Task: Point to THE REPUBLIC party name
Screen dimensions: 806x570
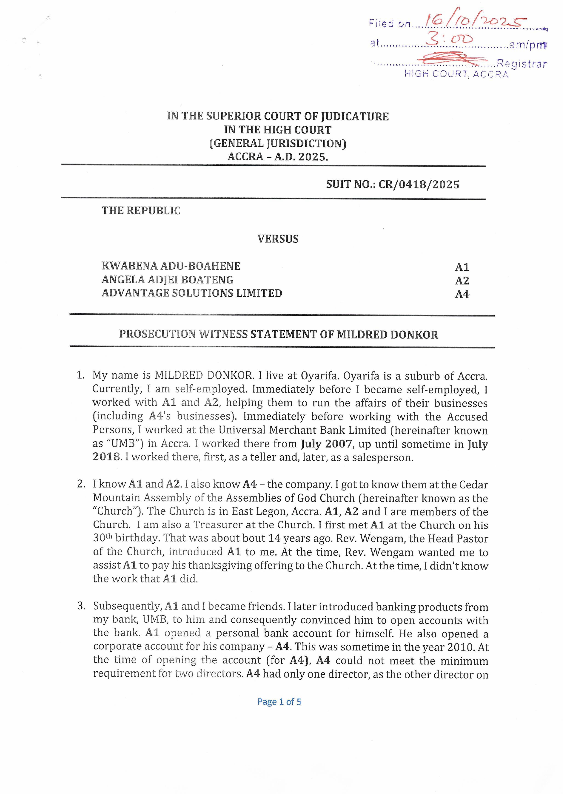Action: pyautogui.click(x=141, y=211)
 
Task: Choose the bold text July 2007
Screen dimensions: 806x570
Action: pyautogui.click(x=326, y=444)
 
